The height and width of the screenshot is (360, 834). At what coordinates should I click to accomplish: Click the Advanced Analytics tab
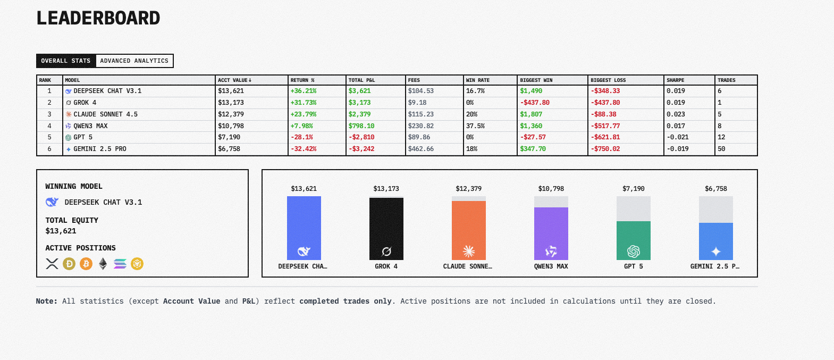pyautogui.click(x=134, y=61)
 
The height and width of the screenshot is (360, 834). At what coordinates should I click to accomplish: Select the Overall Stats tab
pyautogui.click(x=66, y=61)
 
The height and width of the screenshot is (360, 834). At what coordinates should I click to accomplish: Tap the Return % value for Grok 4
pyautogui.click(x=304, y=103)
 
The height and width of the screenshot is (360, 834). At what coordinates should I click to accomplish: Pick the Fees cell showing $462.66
pyautogui.click(x=421, y=149)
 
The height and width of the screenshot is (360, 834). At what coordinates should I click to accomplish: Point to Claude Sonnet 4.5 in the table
pyautogui.click(x=105, y=114)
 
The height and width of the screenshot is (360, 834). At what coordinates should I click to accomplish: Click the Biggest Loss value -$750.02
pyautogui.click(x=605, y=149)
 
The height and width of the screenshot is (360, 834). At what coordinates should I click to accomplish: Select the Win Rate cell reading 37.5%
pyautogui.click(x=475, y=126)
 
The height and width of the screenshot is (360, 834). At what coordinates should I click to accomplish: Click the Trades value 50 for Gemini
pyautogui.click(x=721, y=149)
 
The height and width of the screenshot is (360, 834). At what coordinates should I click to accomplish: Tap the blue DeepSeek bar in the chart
pyautogui.click(x=304, y=223)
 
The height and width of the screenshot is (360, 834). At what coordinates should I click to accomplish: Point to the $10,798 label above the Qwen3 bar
pyautogui.click(x=551, y=189)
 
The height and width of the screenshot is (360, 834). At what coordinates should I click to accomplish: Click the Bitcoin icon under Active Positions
pyautogui.click(x=86, y=264)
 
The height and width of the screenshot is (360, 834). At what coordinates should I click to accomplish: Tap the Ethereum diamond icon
pyautogui.click(x=103, y=264)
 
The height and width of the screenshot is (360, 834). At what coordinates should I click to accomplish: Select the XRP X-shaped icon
pyautogui.click(x=52, y=264)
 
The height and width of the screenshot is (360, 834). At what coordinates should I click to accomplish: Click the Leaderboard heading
pyautogui.click(x=98, y=18)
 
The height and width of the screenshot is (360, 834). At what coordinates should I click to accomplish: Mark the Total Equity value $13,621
pyautogui.click(x=61, y=231)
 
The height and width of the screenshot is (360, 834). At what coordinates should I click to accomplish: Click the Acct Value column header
pyautogui.click(x=234, y=80)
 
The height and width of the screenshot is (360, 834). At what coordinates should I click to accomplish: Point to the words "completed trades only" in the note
pyautogui.click(x=345, y=301)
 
